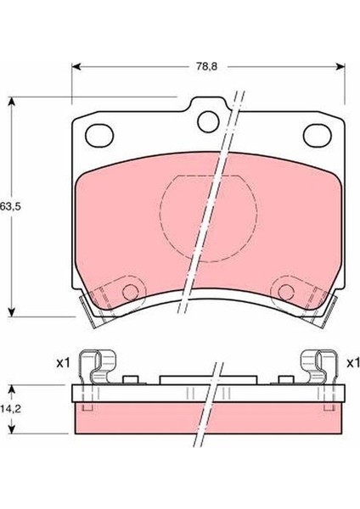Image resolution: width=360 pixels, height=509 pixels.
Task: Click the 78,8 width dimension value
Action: pos(206,66)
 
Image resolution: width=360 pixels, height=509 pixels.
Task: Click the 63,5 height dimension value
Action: pos(10,206)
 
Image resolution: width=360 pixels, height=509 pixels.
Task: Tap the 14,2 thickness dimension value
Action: pos(10,409)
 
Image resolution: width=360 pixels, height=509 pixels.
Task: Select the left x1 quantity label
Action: pos(63,363)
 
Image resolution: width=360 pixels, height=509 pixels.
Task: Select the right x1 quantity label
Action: pos(353,363)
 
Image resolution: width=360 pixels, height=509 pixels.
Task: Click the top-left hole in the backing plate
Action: pos(99,135)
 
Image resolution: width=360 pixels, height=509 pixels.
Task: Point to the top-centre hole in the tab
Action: pos(208,121)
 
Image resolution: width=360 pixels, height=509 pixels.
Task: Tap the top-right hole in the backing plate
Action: pos(318,135)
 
